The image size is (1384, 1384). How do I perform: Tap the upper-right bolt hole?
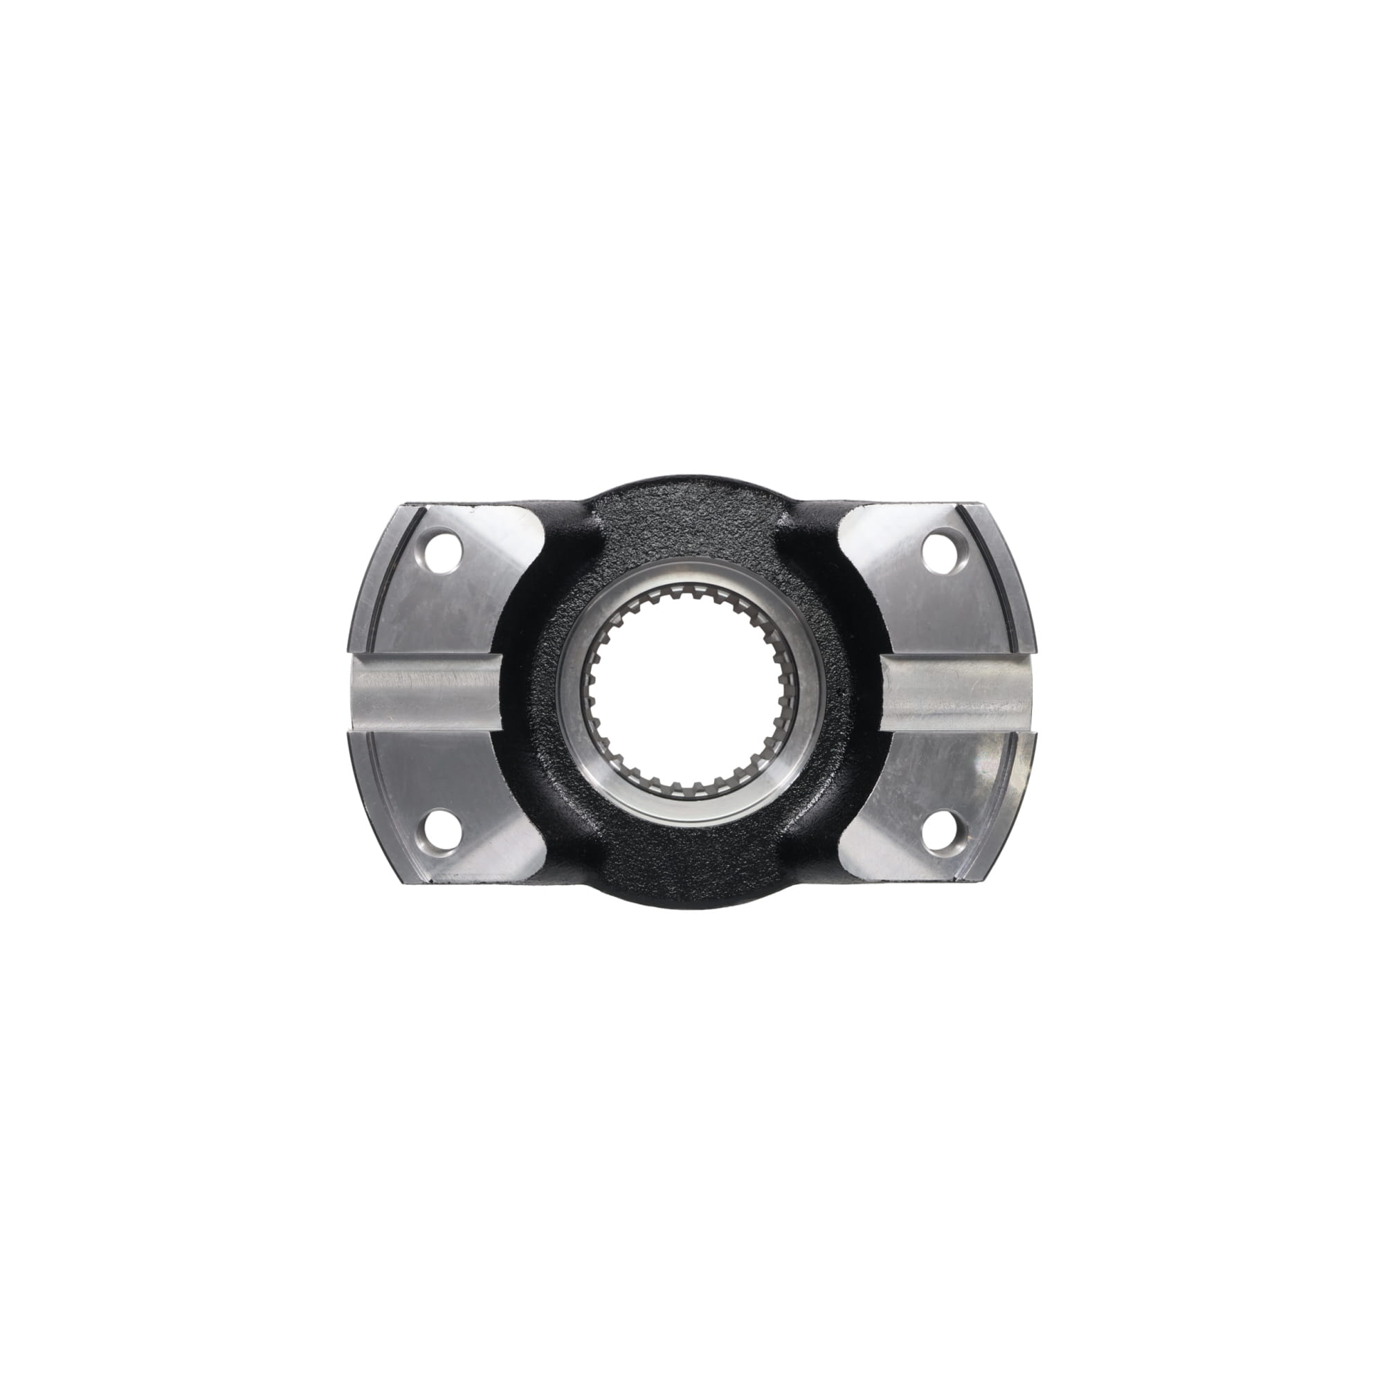click(938, 552)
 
